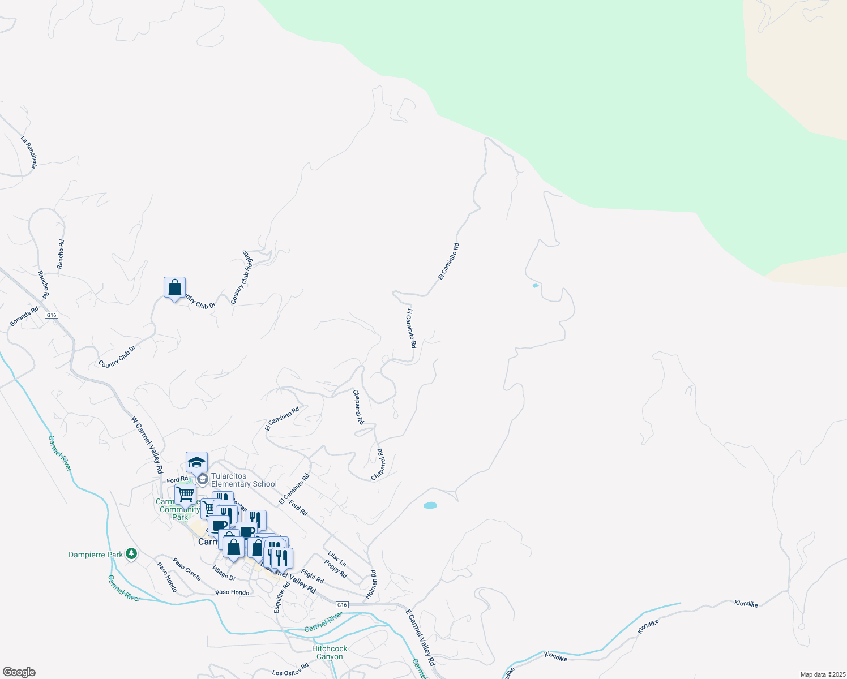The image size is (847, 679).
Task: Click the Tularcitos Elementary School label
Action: [244, 480]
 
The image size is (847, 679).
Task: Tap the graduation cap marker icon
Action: [196, 462]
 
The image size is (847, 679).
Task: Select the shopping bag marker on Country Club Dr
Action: [175, 288]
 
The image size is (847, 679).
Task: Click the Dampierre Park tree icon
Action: [131, 554]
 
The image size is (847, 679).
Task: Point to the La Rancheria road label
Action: [29, 152]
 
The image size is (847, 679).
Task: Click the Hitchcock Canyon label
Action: [330, 652]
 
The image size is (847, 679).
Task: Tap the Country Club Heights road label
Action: [240, 277]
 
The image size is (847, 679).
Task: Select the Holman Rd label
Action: [371, 585]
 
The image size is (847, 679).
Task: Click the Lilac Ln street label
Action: [337, 559]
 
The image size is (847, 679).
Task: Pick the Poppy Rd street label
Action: [336, 569]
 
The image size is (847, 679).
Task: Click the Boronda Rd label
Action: [24, 317]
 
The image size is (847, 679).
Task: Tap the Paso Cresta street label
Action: [187, 569]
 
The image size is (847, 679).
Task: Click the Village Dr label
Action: [224, 573]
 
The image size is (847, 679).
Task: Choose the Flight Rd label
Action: [313, 576]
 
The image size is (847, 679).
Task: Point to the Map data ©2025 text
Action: [822, 674]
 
